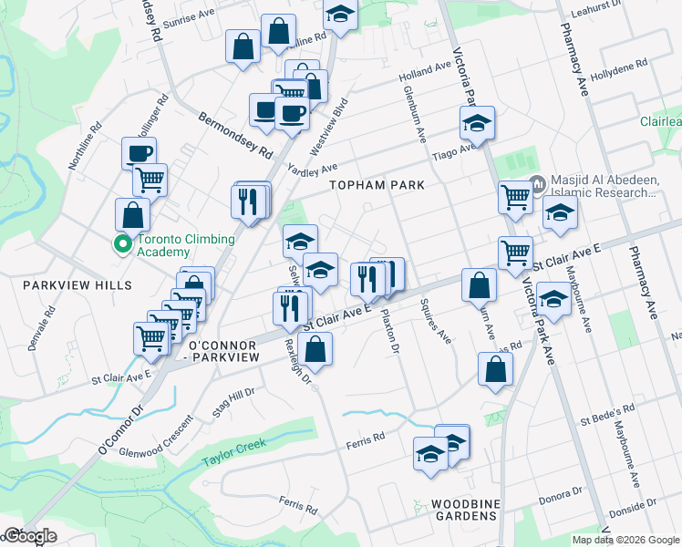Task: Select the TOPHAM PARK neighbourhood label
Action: [x=377, y=185]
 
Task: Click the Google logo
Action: [x=29, y=535]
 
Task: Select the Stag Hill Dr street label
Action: [x=232, y=402]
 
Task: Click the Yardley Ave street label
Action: [x=312, y=169]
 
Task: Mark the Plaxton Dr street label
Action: [x=390, y=333]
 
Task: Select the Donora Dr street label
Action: [x=558, y=494]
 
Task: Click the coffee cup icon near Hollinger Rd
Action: [x=139, y=154]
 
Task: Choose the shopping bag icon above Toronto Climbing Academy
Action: [x=132, y=215]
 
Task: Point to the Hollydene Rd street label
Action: [x=618, y=69]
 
